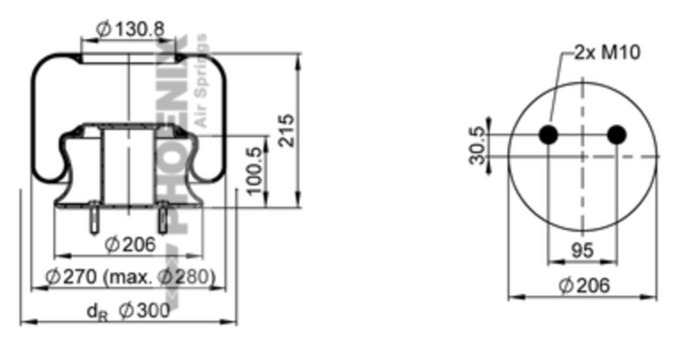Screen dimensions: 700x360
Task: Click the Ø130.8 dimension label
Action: coord(130,29)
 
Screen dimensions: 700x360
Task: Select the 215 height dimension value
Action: coord(286,130)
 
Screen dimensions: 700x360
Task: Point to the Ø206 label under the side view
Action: coord(130,244)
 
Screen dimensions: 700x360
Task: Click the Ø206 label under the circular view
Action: coord(584,285)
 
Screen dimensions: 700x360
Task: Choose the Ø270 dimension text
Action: coord(71,276)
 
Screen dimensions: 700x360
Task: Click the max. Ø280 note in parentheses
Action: coord(159,277)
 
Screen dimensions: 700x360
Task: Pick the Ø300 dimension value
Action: coord(144,311)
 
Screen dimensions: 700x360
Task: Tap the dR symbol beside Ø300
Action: coord(97,312)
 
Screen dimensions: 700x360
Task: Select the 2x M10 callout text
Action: coord(608,52)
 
